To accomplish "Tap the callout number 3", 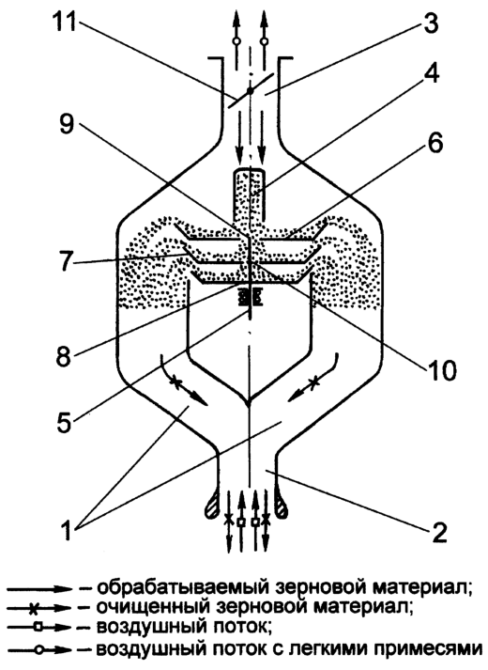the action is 430,22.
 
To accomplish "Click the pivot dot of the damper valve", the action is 251,90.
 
